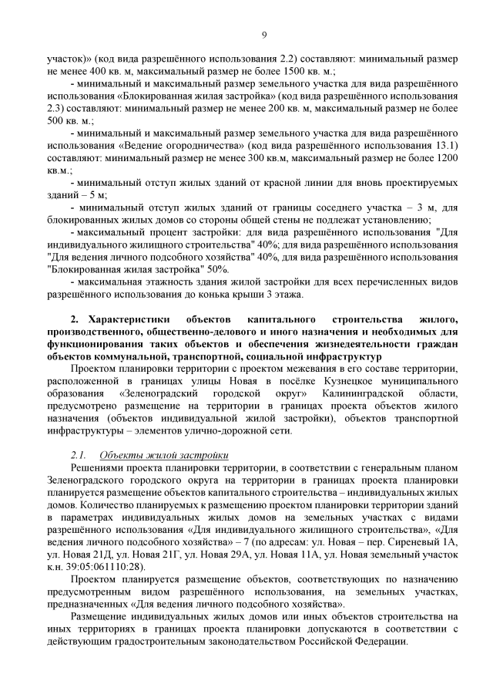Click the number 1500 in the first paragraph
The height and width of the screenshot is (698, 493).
pos(266,71)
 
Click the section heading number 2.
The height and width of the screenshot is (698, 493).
pos(75,319)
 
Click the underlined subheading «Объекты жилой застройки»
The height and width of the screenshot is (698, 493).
pos(164,455)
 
